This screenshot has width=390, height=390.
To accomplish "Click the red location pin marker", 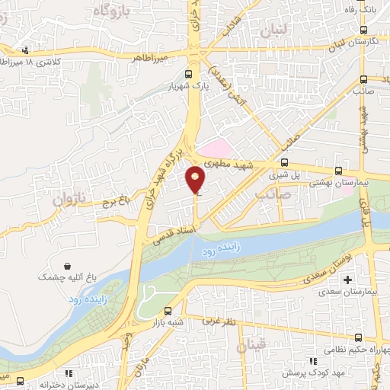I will point(196,180).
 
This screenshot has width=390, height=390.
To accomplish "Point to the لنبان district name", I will point(273,30).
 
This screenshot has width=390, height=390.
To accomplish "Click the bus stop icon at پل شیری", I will point(284,161).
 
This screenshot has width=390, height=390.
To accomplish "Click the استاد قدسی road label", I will point(175,231).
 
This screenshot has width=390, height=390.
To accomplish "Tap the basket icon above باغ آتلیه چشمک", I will point(69,267).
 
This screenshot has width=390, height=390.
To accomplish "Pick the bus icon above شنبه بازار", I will point(167,311).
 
